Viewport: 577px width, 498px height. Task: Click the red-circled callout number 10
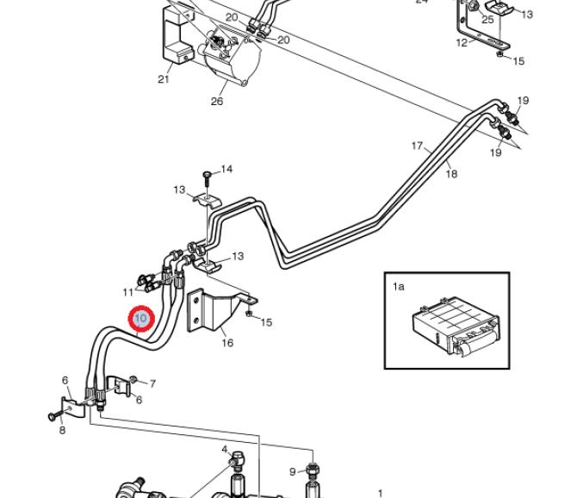point(141,317)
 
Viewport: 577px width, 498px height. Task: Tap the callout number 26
point(217,101)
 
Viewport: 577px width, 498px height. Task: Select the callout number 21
point(164,79)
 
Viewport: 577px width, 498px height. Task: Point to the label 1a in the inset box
point(399,286)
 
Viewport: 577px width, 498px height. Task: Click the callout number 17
point(418,146)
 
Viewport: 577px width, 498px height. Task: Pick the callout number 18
point(451,173)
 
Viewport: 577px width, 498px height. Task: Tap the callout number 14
point(226,169)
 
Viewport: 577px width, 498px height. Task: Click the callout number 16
point(227,343)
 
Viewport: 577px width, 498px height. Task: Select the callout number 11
point(127,292)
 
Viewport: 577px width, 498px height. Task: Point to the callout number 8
point(62,430)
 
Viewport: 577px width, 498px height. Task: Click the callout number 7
point(152,384)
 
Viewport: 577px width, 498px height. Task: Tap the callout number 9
point(293,471)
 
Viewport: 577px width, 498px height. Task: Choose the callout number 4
point(225,450)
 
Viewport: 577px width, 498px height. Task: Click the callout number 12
point(462,43)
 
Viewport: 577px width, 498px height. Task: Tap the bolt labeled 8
point(54,416)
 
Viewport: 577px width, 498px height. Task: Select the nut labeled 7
point(133,379)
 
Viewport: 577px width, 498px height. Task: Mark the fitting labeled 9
point(313,470)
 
